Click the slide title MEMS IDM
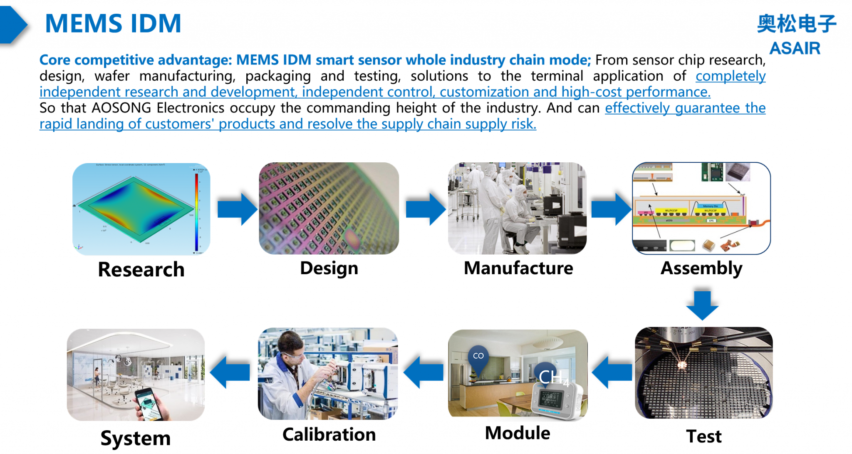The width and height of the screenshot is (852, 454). click(113, 24)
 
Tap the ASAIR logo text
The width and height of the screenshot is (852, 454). click(795, 48)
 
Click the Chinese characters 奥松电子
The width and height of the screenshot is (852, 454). click(796, 24)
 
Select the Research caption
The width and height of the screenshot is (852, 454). click(141, 269)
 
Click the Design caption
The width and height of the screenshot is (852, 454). click(329, 268)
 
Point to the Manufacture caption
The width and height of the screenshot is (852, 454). click(518, 268)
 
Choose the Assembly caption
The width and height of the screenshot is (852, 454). click(701, 268)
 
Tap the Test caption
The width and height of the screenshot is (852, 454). click(703, 437)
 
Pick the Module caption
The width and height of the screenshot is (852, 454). click(518, 433)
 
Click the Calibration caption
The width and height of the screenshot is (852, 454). click(329, 435)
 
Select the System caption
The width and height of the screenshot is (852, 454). click(136, 438)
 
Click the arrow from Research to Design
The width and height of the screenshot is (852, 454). click(237, 209)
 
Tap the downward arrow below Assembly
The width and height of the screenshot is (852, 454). click(702, 305)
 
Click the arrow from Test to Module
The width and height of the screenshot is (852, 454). click(612, 372)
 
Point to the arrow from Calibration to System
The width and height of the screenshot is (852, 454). click(230, 372)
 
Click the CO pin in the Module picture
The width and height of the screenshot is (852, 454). click(478, 357)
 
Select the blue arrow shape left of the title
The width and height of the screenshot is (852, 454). click(13, 25)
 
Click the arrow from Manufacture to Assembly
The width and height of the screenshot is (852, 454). click(611, 209)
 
